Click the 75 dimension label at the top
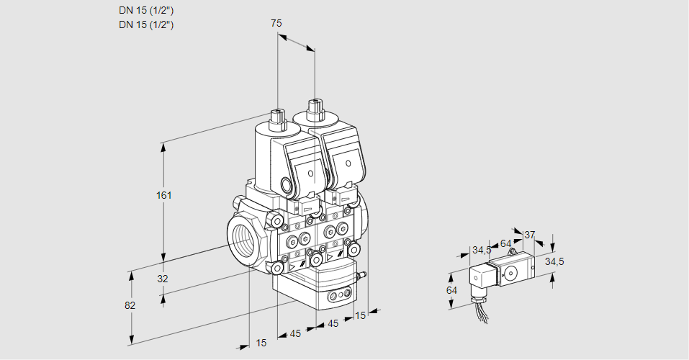click(x=276, y=24)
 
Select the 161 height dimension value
click(x=164, y=195)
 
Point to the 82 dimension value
click(x=130, y=305)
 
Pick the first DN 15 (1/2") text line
click(x=146, y=10)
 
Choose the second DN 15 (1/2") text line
click(x=146, y=24)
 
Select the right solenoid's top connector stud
click(x=315, y=110)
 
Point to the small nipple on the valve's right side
click(x=363, y=274)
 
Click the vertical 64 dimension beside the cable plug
click(x=451, y=290)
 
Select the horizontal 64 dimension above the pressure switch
click(x=505, y=243)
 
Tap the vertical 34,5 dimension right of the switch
click(x=554, y=261)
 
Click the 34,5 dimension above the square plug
click(x=481, y=251)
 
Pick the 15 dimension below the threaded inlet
click(x=261, y=343)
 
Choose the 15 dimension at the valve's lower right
click(x=360, y=315)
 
